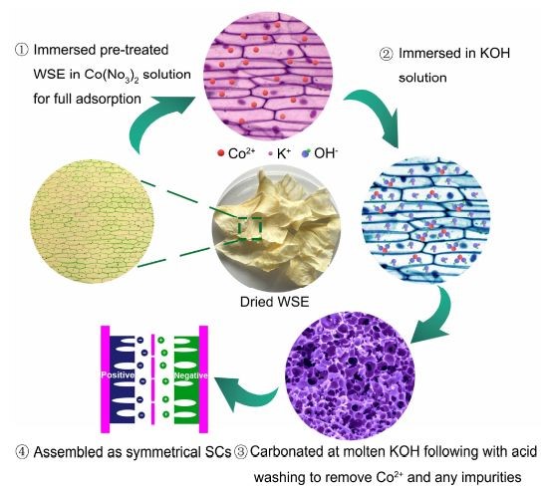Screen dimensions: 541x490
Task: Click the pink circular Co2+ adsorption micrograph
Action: coord(268,74)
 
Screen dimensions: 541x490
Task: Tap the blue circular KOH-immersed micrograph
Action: coord(426,220)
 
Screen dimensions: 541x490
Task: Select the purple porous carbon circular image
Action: coord(350,375)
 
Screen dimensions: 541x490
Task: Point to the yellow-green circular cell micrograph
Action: coord(92,221)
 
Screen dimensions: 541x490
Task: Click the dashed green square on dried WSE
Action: coord(250,228)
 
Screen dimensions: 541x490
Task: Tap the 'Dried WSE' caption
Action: coord(274,302)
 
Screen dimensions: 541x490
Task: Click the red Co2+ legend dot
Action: coord(221,153)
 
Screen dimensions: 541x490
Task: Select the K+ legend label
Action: coord(283,153)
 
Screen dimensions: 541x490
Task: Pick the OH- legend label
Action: coord(326,153)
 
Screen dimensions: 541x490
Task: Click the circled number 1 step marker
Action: coord(21,50)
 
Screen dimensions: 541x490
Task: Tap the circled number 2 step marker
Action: coord(387,54)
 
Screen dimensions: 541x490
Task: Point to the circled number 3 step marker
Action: coord(241,452)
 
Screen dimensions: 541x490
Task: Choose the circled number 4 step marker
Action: coord(22,452)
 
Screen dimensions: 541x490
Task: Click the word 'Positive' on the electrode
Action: coord(118,375)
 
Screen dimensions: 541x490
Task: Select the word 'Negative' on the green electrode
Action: coord(191,375)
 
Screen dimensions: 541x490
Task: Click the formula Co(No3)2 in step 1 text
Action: coord(112,75)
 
